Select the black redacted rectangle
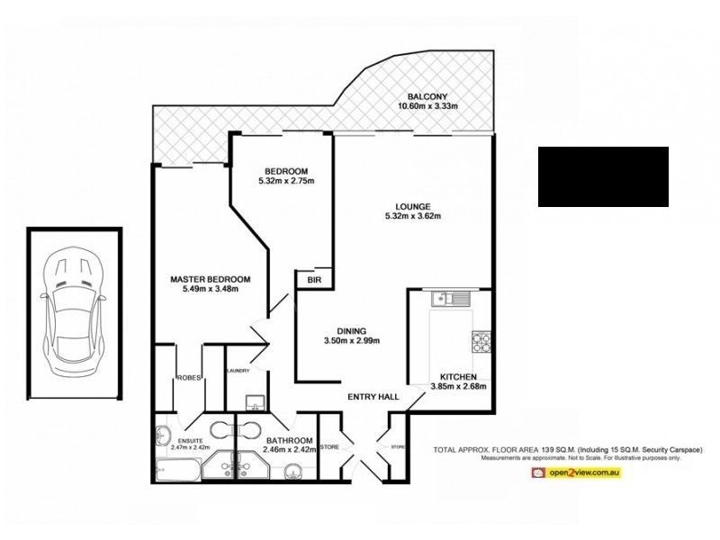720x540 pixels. click(x=603, y=176)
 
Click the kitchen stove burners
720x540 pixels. click(x=481, y=342)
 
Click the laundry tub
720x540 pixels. click(x=251, y=400)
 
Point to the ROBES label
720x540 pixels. click(x=187, y=378)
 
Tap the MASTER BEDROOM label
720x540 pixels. click(x=210, y=279)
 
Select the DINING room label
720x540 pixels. click(x=352, y=329)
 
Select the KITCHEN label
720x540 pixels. click(x=457, y=376)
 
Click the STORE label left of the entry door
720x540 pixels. click(x=328, y=445)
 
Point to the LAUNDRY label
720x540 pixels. click(x=238, y=370)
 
